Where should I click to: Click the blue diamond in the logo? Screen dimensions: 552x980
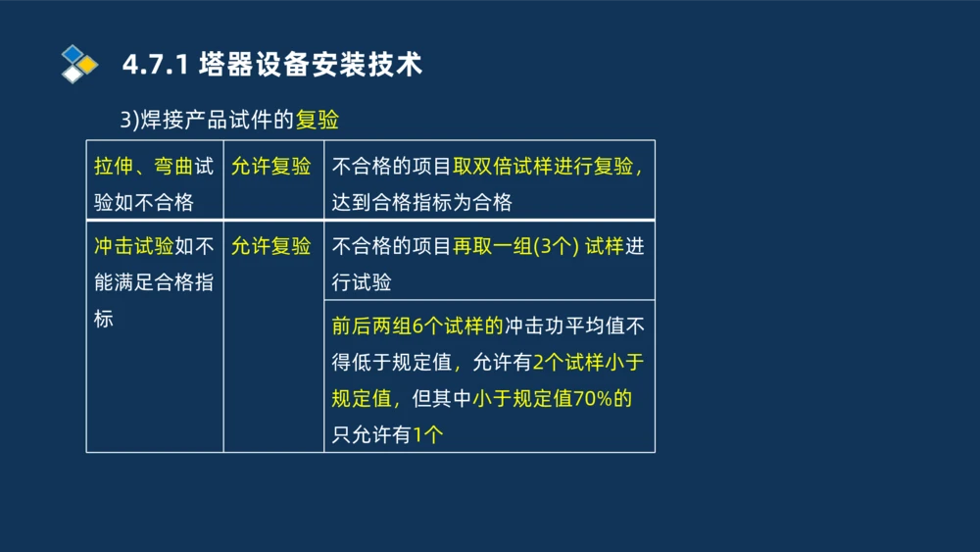coord(72,53)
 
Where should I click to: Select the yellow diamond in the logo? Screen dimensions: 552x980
coord(87,65)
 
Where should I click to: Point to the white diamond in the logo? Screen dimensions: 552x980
coord(73,74)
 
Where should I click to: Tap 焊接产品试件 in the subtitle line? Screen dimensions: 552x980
coord(216,120)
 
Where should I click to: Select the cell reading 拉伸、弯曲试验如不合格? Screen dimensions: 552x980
coord(154,183)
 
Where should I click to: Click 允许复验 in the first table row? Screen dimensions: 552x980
coord(271,166)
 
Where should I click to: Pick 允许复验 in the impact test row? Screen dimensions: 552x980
coord(271,245)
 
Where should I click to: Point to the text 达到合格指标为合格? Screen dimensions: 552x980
coord(422,203)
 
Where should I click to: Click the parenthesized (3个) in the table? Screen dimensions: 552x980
coord(556,245)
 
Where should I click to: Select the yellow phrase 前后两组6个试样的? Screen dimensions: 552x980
coord(417,326)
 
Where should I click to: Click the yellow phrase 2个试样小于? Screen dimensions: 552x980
coord(587,362)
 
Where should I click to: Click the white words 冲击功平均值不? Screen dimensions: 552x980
coord(574,326)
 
